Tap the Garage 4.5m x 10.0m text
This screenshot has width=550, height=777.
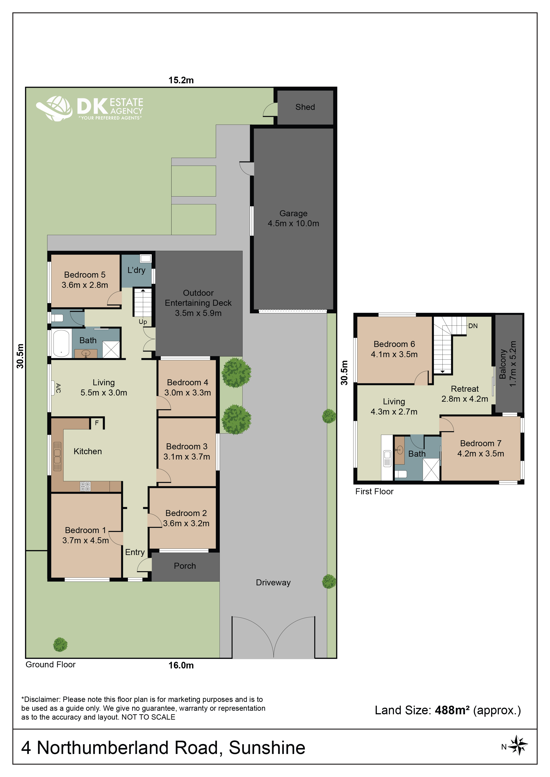tap(293, 218)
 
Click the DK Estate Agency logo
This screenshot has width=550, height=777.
tap(90, 108)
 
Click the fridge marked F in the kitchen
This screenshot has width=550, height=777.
tap(97, 423)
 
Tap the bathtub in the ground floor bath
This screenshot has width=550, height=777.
tap(61, 343)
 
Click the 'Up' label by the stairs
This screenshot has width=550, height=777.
tap(143, 322)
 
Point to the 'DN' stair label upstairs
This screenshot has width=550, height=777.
tap(473, 326)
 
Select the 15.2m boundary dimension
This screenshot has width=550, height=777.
tap(181, 80)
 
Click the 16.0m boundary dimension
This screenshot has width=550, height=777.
tap(181, 665)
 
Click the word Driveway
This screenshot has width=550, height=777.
tap(273, 583)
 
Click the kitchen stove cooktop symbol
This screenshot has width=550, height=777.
tap(85, 486)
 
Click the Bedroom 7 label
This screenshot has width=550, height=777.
tap(481, 443)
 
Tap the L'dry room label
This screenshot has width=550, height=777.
tap(136, 270)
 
